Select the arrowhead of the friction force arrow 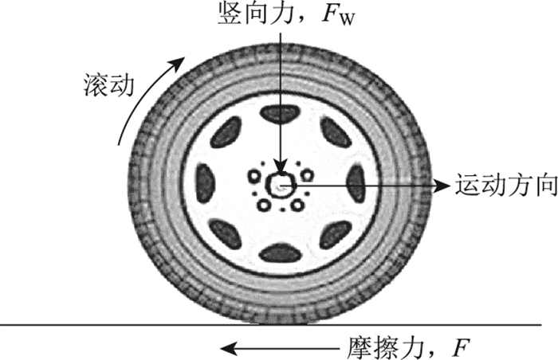click(229, 347)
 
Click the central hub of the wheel click(281, 186)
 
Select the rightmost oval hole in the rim click(356, 184)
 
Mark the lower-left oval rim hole click(229, 234)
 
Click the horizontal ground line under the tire click(120, 325)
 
